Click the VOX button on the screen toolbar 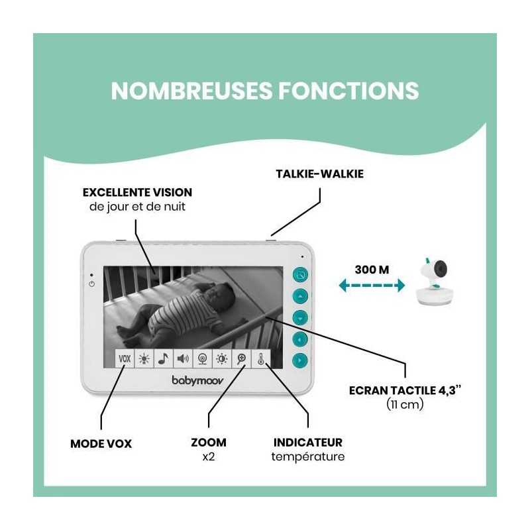pyautogui.click(x=125, y=358)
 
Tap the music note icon pyautogui.click(x=163, y=358)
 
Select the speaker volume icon pyautogui.click(x=183, y=358)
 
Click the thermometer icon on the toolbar pyautogui.click(x=260, y=358)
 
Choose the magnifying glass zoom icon pyautogui.click(x=241, y=358)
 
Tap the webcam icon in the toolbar pyautogui.click(x=203, y=358)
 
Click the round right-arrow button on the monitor pyautogui.click(x=300, y=360)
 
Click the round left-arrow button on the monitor pyautogui.click(x=300, y=339)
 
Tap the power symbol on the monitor pyautogui.click(x=91, y=284)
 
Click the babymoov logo pyautogui.click(x=197, y=380)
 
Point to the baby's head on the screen pyautogui.click(x=220, y=293)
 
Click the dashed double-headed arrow pyautogui.click(x=372, y=286)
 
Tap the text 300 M pyautogui.click(x=372, y=270)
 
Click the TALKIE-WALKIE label pyautogui.click(x=320, y=174)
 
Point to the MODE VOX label pyautogui.click(x=101, y=444)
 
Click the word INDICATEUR pyautogui.click(x=308, y=443)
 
